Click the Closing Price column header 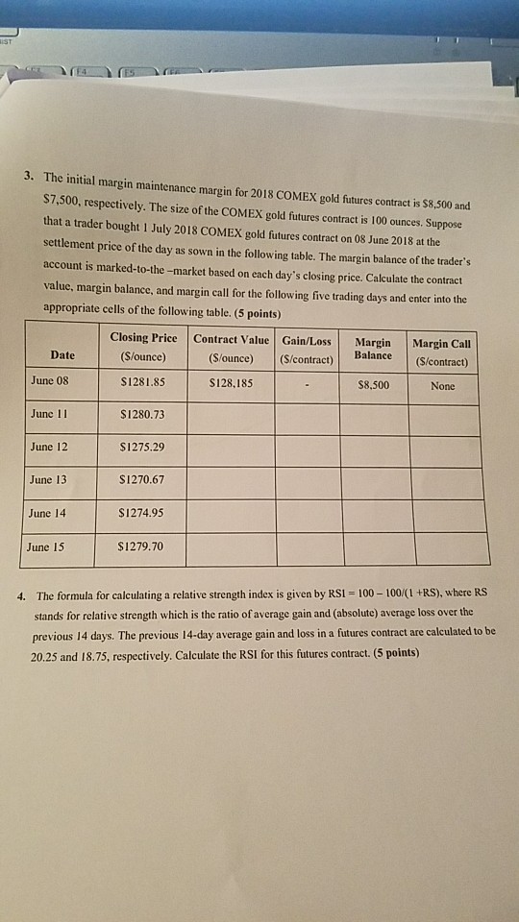click(x=143, y=346)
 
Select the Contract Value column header click(x=232, y=347)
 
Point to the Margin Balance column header click(x=373, y=349)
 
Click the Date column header click(x=62, y=355)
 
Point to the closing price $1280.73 click(x=140, y=415)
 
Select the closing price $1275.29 click(x=140, y=448)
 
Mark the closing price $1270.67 click(x=140, y=480)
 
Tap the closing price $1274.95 click(x=140, y=513)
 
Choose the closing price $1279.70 click(x=139, y=547)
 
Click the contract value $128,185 click(x=231, y=383)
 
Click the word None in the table click(x=443, y=386)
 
